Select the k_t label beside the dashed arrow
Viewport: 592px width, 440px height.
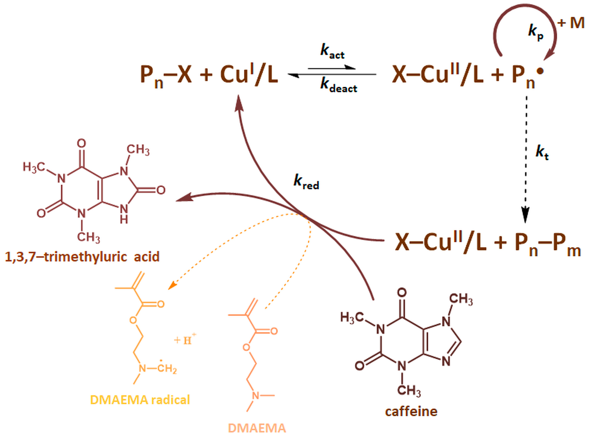542,153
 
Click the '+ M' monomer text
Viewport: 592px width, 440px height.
571,23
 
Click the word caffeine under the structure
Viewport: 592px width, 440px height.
411,412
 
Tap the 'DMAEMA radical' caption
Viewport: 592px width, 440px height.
140,400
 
